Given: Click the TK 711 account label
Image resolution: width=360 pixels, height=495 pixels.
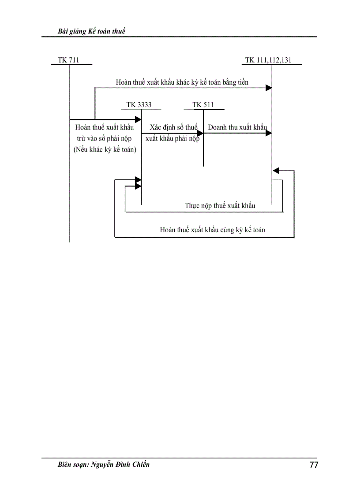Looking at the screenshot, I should tap(68, 60).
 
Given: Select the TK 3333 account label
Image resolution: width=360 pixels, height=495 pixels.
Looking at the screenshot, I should tap(139, 105).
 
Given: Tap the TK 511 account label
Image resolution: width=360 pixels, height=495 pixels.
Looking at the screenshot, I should tap(203, 105).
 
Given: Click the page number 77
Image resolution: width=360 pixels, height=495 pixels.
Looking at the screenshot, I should tap(314, 465).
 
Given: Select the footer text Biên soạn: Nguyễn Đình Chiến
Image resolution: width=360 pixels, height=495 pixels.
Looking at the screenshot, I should tap(104, 464).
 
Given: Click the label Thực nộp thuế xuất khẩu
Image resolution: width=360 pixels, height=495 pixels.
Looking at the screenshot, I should tap(220, 205).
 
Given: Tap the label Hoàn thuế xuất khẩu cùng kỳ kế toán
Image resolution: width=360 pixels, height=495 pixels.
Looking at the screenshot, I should tap(212, 230).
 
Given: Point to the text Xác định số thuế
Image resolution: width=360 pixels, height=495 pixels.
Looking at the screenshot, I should tap(173, 127).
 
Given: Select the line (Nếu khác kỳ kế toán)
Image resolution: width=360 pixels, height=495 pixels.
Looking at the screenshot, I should tap(105, 149).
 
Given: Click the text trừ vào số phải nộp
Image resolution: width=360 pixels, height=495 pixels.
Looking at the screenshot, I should tap(105, 138).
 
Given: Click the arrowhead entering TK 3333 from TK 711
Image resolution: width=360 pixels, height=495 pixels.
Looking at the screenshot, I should tap(138, 119).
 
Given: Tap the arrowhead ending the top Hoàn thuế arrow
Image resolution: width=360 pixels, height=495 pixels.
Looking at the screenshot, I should tap(268, 88).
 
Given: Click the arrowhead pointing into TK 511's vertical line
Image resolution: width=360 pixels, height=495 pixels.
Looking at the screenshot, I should tap(200, 133).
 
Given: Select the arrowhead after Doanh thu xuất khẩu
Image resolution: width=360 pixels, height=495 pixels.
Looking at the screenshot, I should tap(268, 133).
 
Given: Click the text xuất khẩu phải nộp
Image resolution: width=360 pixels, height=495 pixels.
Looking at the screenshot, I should tap(172, 138).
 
